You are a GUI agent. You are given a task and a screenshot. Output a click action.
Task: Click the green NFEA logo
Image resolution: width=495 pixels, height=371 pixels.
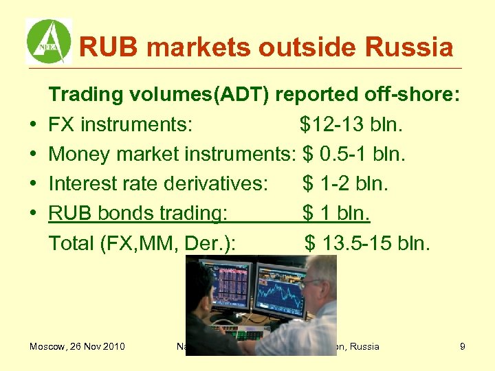click(x=48, y=41)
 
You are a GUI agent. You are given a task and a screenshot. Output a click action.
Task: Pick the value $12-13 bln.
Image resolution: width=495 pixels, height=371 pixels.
click(x=351, y=125)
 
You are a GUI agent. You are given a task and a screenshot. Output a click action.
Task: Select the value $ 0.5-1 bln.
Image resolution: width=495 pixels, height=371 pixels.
click(x=353, y=155)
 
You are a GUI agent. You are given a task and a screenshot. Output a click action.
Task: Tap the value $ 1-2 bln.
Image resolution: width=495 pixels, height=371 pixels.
click(x=345, y=184)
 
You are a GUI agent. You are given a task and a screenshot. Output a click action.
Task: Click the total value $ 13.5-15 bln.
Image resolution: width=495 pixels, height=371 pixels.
click(x=367, y=243)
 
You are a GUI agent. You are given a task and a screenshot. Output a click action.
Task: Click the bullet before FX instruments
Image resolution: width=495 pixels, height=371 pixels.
click(x=33, y=126)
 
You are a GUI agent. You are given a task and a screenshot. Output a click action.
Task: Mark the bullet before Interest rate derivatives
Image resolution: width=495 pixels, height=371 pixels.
click(x=33, y=185)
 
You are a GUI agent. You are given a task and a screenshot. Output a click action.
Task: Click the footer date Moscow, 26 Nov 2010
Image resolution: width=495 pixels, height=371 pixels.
click(x=77, y=346)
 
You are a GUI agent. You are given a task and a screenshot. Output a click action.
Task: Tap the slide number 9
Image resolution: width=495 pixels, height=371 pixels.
click(x=463, y=346)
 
